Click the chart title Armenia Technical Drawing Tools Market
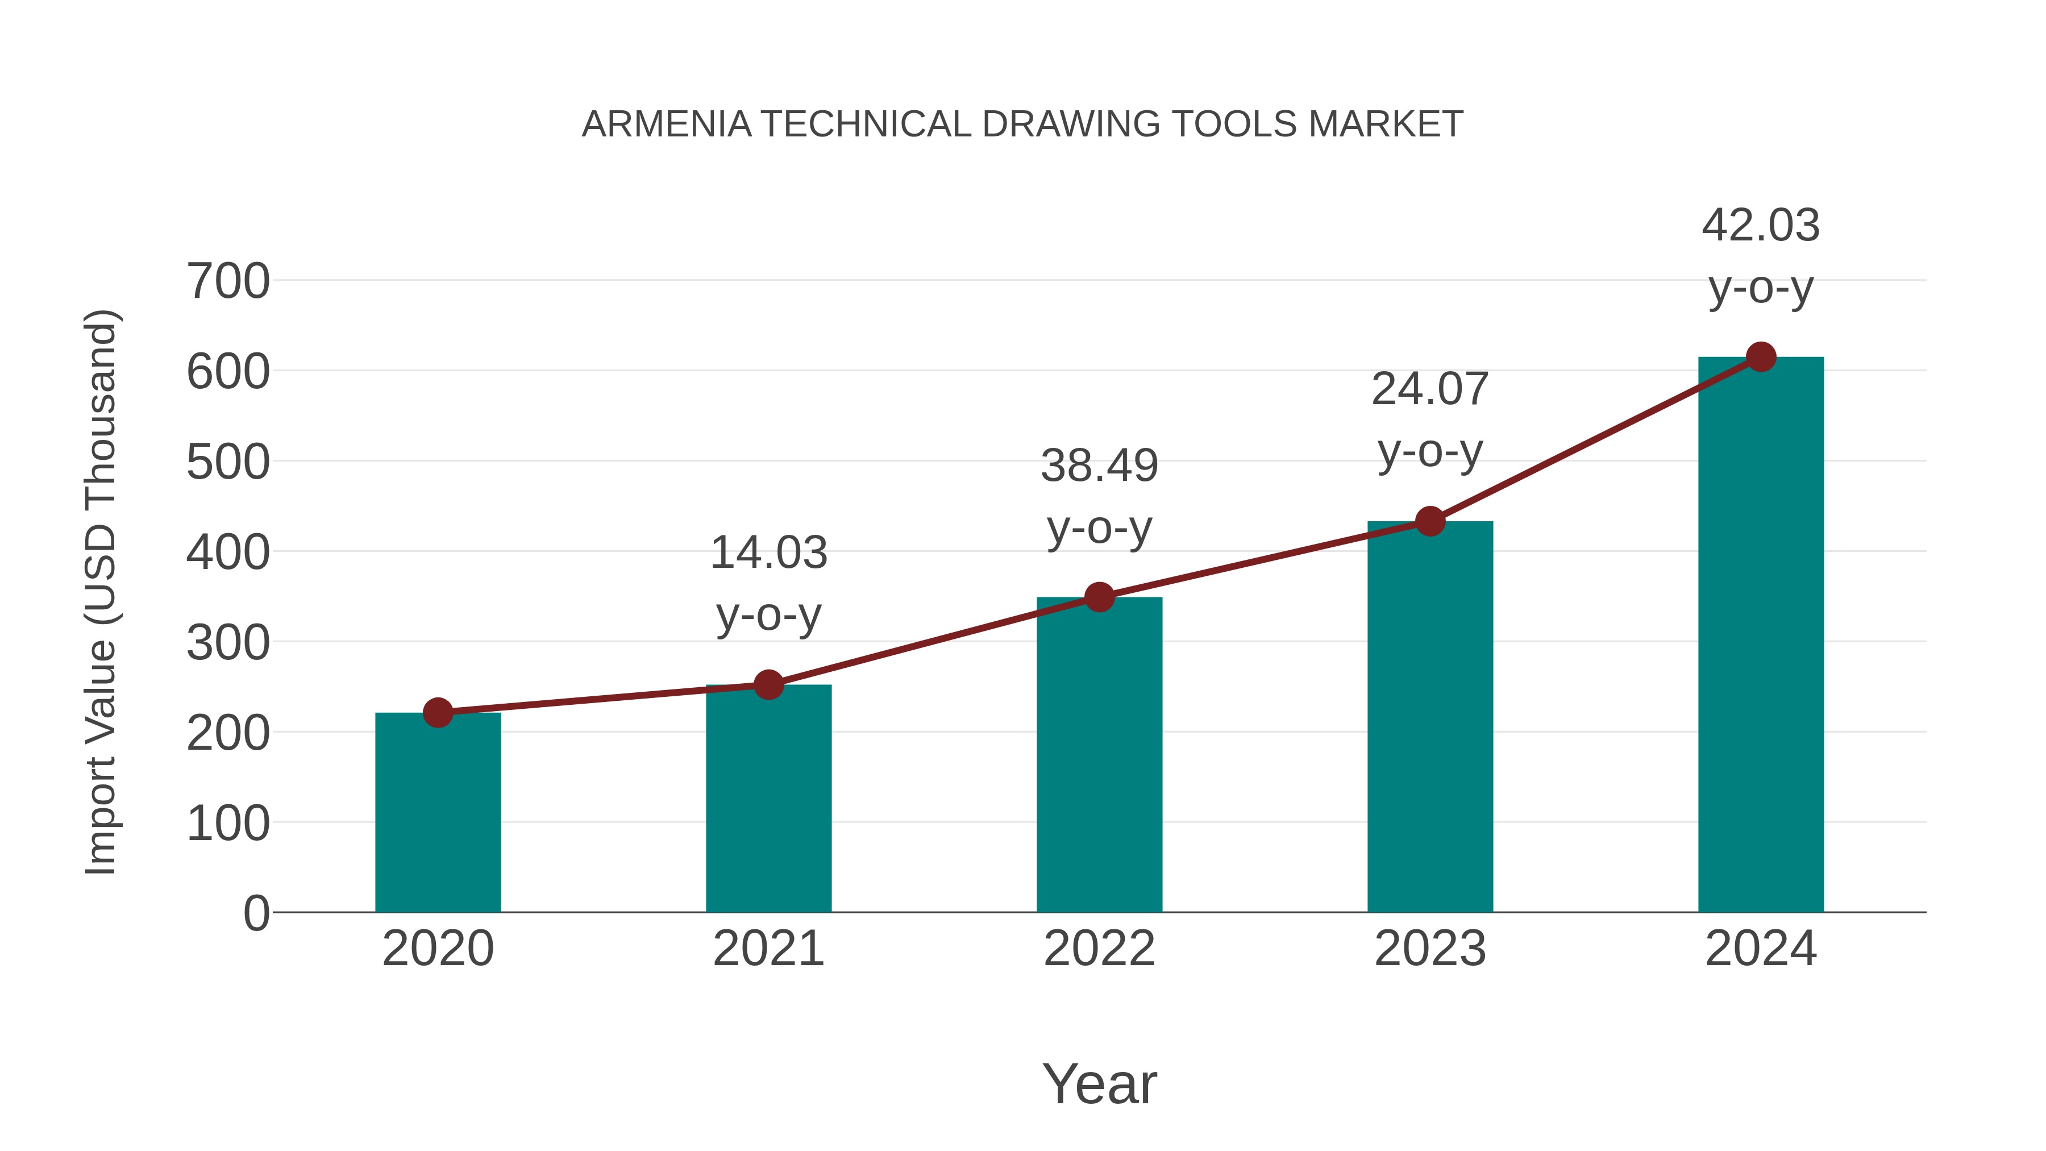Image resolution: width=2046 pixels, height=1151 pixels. click(x=1022, y=124)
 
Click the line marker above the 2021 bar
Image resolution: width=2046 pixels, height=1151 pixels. click(x=768, y=684)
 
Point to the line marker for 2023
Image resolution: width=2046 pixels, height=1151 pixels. click(x=1430, y=521)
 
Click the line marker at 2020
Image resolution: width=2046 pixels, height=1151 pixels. click(x=438, y=713)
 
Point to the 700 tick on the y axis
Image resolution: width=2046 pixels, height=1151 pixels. click(x=228, y=281)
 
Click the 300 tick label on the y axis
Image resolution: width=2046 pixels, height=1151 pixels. click(x=228, y=643)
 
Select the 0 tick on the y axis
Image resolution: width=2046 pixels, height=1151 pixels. click(x=256, y=913)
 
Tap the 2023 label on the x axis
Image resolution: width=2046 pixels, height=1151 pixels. click(x=1430, y=949)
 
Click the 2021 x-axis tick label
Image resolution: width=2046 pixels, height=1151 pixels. click(x=768, y=949)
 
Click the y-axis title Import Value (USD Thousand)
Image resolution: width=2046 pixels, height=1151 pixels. click(x=102, y=592)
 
